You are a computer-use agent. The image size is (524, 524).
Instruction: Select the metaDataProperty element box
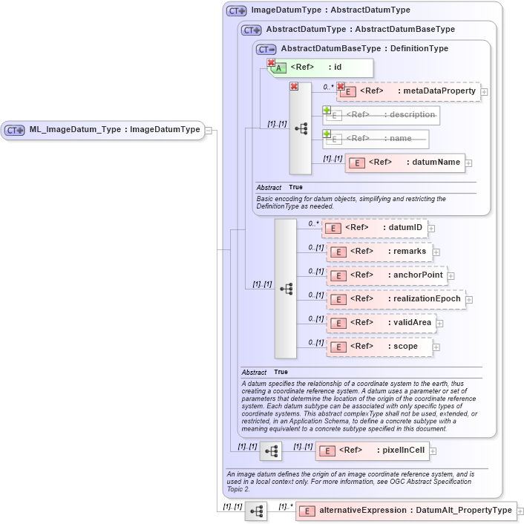(x=408, y=91)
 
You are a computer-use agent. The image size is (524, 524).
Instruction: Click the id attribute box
(x=320, y=68)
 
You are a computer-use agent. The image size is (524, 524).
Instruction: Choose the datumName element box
(x=405, y=163)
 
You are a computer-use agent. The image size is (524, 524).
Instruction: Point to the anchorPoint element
(x=387, y=275)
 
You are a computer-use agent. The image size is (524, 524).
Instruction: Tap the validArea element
(x=381, y=323)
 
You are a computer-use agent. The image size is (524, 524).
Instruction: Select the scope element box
(x=379, y=347)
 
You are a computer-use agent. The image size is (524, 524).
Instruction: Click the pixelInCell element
(x=372, y=451)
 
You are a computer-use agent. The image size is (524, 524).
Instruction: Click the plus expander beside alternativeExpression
(x=520, y=511)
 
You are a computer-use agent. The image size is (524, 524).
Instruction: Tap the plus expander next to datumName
(x=469, y=163)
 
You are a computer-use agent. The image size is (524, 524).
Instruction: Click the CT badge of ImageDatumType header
(x=237, y=11)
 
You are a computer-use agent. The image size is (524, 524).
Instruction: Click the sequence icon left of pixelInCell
(x=271, y=451)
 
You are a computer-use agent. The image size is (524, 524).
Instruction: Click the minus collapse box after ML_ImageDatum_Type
(x=210, y=131)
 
